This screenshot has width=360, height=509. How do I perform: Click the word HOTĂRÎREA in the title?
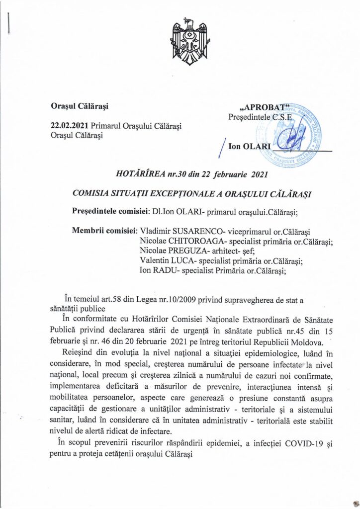(142, 173)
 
